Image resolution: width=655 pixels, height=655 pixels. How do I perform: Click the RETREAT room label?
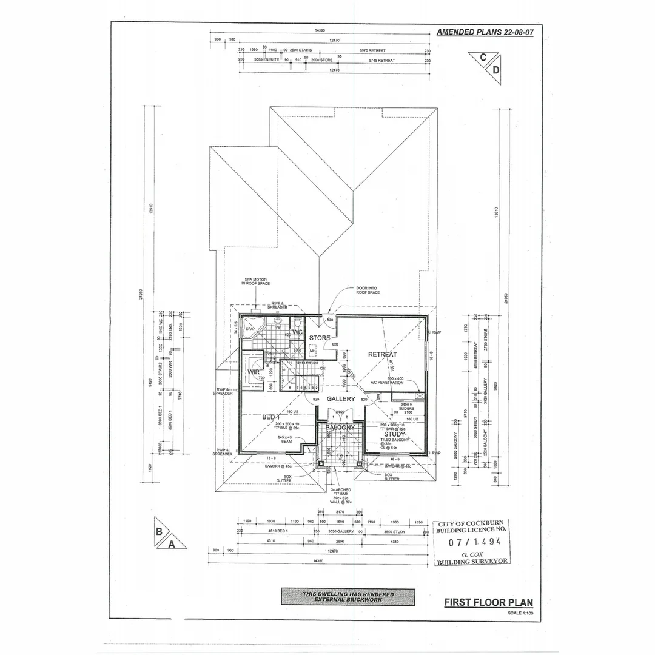click(382, 354)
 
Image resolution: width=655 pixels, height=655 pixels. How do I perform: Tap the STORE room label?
click(320, 338)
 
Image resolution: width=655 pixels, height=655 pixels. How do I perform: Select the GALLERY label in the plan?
click(341, 399)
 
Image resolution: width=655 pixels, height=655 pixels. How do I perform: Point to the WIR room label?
click(253, 372)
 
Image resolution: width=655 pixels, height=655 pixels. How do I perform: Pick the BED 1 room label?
click(271, 417)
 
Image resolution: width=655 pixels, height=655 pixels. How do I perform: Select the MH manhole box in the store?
click(313, 351)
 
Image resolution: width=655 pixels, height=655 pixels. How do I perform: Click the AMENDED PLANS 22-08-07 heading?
click(485, 32)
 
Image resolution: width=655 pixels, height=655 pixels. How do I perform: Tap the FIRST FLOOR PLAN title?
click(488, 602)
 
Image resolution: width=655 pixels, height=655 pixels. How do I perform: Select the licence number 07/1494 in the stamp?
click(471, 542)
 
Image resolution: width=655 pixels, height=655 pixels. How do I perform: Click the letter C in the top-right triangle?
click(483, 58)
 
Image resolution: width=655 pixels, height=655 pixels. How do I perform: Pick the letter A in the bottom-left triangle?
click(172, 544)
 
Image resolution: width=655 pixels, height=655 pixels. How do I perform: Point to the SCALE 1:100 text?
click(520, 613)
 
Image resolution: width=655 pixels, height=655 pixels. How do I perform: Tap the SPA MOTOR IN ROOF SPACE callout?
click(255, 281)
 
